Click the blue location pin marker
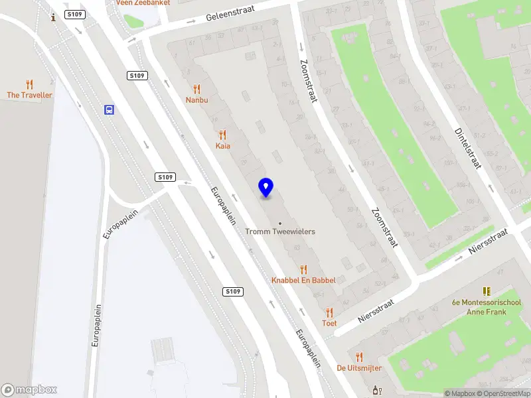[265, 187]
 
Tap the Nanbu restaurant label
[196, 100]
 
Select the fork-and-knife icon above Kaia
[222, 134]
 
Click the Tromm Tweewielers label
[280, 232]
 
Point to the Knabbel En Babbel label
[303, 280]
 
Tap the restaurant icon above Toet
[329, 312]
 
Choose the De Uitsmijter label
[359, 367]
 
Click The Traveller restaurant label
[29, 95]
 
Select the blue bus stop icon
[109, 109]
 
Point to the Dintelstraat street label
[467, 148]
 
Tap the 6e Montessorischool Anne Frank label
[487, 307]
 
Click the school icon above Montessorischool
[487, 291]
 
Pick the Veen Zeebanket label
[143, 3]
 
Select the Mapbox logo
[29, 390]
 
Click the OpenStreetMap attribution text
[502, 393]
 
